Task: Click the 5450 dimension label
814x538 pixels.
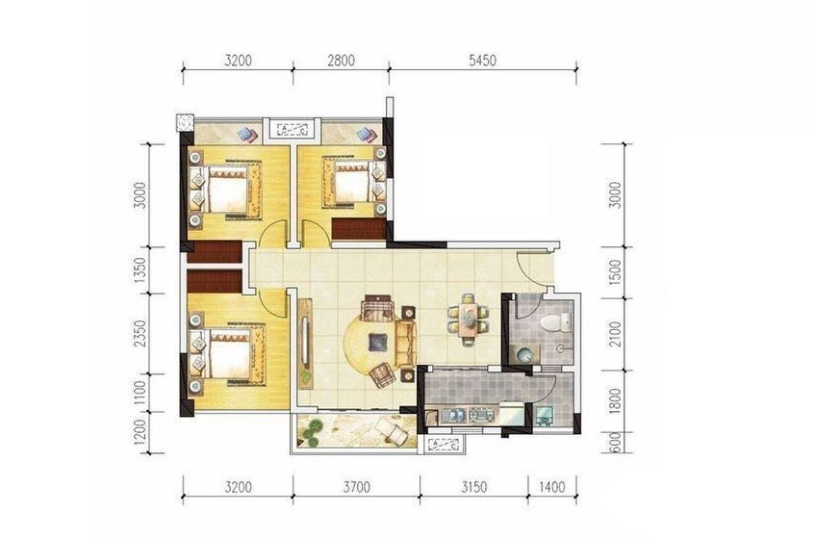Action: coord(482,61)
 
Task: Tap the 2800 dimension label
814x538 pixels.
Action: coord(341,61)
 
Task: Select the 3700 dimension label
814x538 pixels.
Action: coord(357,487)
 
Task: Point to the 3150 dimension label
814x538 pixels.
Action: coord(473,487)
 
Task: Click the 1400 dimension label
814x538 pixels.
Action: coord(552,487)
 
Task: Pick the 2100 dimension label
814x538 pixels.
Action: coord(615,335)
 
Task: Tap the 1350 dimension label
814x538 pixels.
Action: coord(140,270)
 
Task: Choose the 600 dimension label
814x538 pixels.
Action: coord(615,443)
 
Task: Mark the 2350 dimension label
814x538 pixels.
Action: coord(140,333)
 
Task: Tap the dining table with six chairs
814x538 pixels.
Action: coord(469,320)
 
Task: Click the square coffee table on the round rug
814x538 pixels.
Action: coord(377,343)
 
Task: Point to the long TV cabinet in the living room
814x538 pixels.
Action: coord(306,344)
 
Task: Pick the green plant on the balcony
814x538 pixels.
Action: coord(313,432)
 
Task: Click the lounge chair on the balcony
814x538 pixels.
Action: coord(392,431)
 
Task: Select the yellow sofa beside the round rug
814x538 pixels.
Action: coord(406,344)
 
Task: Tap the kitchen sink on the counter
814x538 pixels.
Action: coord(452,416)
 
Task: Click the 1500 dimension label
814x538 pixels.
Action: coord(615,271)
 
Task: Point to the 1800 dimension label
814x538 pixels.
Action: coord(615,401)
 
